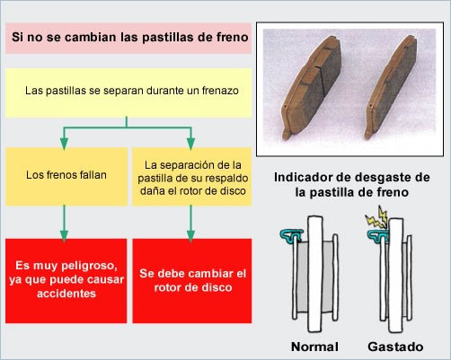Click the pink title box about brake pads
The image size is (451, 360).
point(128,38)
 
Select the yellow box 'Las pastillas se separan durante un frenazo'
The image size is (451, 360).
point(128,92)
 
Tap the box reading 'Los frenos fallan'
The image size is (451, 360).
point(66,176)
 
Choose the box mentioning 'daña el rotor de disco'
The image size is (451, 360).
point(192,176)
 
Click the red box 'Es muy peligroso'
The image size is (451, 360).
point(66,281)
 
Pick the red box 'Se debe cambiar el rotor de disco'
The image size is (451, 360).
point(192,281)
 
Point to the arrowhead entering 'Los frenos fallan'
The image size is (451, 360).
point(64,144)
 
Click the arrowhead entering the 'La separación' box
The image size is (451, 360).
point(190,144)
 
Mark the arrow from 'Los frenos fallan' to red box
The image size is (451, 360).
point(64,224)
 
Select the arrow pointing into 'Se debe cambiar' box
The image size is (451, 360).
point(190,224)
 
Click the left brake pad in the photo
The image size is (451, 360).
point(312,87)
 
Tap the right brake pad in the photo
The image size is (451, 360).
point(391,87)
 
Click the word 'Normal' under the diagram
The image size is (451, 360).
point(314,347)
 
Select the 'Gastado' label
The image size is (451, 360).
point(395,347)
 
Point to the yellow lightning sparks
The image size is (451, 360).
point(377,216)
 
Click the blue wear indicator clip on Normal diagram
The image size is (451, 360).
point(291,235)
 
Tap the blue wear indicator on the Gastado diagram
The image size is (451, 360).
point(378,236)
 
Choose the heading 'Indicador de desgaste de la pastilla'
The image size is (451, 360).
point(352,185)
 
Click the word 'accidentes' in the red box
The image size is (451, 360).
point(66,294)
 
